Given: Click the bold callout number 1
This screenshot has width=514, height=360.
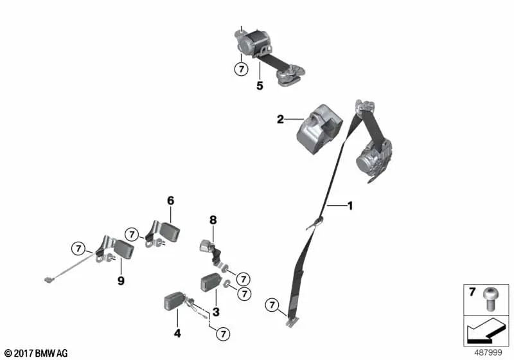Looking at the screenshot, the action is click(x=350, y=206).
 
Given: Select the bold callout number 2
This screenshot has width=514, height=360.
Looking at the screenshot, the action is click(x=280, y=120).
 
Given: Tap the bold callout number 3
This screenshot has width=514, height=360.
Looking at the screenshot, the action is click(x=216, y=312).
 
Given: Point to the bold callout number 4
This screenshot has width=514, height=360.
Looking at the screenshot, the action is click(x=177, y=334).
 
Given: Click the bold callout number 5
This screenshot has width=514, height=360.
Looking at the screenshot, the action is click(x=260, y=86).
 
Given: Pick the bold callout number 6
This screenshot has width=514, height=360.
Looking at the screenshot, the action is click(x=171, y=201).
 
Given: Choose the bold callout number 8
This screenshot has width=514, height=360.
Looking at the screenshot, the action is click(x=213, y=220).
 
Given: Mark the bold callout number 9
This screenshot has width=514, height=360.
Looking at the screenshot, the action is click(x=121, y=281).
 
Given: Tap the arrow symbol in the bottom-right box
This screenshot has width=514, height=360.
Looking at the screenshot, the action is click(x=486, y=331).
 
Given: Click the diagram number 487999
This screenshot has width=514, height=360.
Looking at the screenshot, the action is click(x=488, y=353).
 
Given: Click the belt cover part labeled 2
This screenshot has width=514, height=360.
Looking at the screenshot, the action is click(x=319, y=129).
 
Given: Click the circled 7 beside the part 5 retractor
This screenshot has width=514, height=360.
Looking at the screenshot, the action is click(x=242, y=69).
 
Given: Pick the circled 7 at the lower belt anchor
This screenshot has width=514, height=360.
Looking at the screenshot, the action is click(x=272, y=305).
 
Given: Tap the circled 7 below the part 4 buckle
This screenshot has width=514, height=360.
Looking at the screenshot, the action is click(x=223, y=334).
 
